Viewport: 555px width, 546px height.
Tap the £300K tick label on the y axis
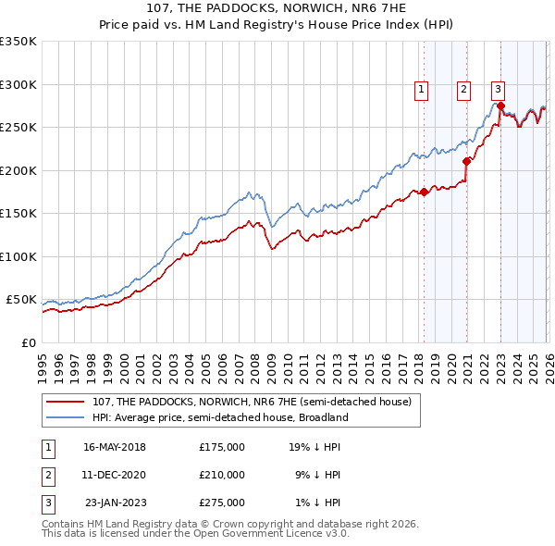(18, 84)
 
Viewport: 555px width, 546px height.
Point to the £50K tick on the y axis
(21, 300)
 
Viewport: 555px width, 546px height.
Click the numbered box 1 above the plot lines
(421, 90)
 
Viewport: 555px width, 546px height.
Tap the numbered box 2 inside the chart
(462, 90)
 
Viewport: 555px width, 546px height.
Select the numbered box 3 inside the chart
(498, 90)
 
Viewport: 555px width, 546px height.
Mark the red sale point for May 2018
(424, 192)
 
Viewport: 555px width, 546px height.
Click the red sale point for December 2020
(466, 162)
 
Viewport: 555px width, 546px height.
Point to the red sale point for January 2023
(500, 106)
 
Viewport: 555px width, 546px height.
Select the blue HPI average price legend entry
(219, 417)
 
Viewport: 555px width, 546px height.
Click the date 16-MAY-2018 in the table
(115, 447)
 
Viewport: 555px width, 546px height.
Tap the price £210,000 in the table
(222, 475)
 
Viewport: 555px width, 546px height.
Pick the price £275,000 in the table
(222, 503)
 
